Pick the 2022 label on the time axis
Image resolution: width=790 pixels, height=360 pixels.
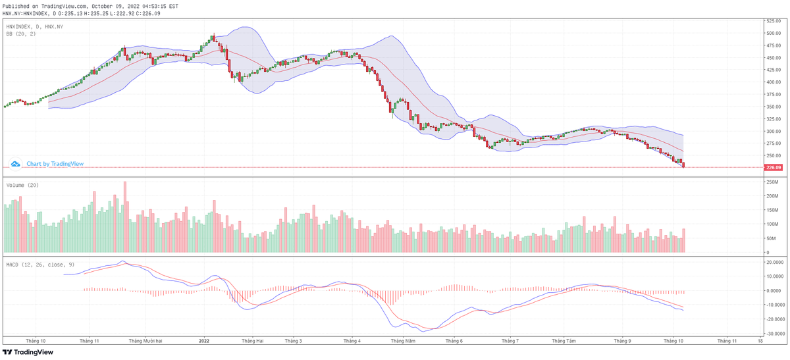click(x=204, y=341)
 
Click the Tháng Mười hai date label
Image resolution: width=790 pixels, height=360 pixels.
click(x=145, y=341)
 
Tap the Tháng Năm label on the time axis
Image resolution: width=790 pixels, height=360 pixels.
click(x=402, y=341)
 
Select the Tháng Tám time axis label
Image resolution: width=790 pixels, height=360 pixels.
click(x=564, y=341)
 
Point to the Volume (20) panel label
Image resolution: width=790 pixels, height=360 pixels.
click(x=22, y=185)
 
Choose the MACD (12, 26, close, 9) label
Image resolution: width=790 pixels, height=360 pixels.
click(x=39, y=264)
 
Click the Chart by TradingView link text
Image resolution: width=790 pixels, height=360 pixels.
click(x=55, y=163)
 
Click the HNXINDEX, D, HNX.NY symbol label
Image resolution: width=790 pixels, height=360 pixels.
click(x=35, y=26)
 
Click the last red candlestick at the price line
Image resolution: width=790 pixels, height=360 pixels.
click(x=684, y=165)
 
